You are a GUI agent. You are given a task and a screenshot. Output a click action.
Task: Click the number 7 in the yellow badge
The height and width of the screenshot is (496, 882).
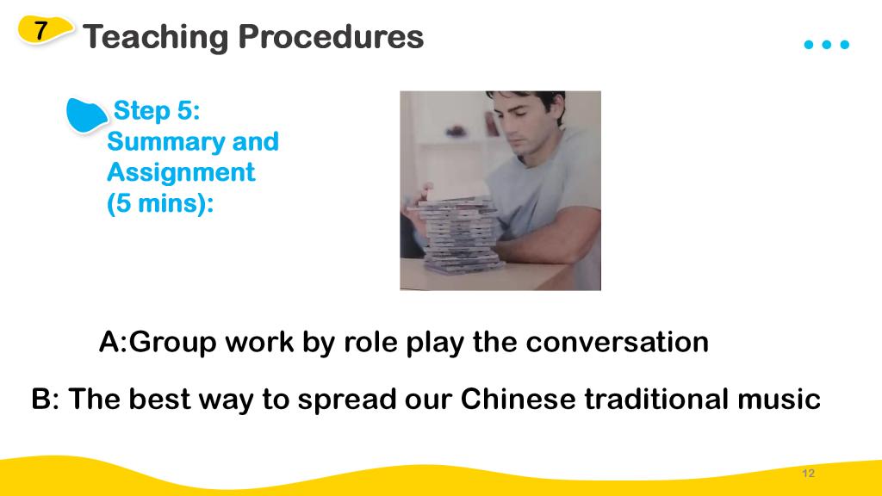(x=40, y=30)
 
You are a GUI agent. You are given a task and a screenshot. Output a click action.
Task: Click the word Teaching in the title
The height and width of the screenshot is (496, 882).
(x=156, y=37)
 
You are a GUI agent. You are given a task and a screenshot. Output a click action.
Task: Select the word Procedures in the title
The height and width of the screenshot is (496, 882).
(x=331, y=36)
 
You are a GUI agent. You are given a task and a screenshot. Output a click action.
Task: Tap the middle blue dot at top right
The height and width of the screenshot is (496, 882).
(x=826, y=45)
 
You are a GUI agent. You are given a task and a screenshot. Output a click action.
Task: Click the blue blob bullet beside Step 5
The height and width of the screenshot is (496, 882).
(x=85, y=115)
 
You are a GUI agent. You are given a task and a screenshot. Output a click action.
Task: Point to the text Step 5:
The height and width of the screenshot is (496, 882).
(x=157, y=110)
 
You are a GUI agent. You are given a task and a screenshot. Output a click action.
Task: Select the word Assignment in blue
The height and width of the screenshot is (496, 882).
(x=181, y=172)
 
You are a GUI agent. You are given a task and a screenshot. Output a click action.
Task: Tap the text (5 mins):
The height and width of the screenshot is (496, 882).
(x=160, y=203)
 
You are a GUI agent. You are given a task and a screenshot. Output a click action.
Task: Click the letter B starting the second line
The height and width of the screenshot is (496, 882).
(x=41, y=399)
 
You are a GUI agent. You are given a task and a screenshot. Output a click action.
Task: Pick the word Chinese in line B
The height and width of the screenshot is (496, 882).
(x=518, y=399)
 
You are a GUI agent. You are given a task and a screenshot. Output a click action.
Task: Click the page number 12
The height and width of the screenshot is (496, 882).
(x=808, y=473)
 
